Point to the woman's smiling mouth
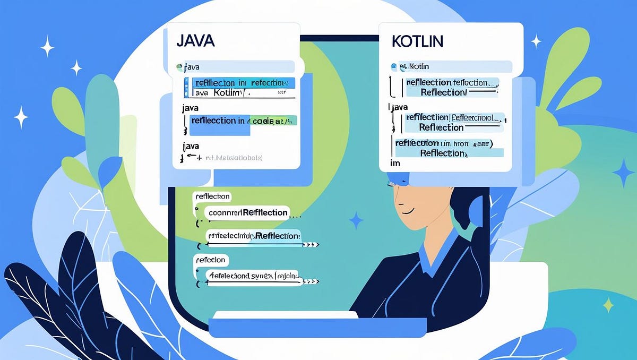pos(408,210)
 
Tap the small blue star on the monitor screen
pos(356,220)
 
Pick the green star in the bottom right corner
pos(608,304)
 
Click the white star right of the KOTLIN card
pos(536,41)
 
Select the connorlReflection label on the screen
pos(247,212)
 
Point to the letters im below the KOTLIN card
pos(395,164)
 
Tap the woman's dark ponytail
pos(467,212)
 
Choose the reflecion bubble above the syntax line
pos(211,260)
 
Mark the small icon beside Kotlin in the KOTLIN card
pos(394,67)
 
